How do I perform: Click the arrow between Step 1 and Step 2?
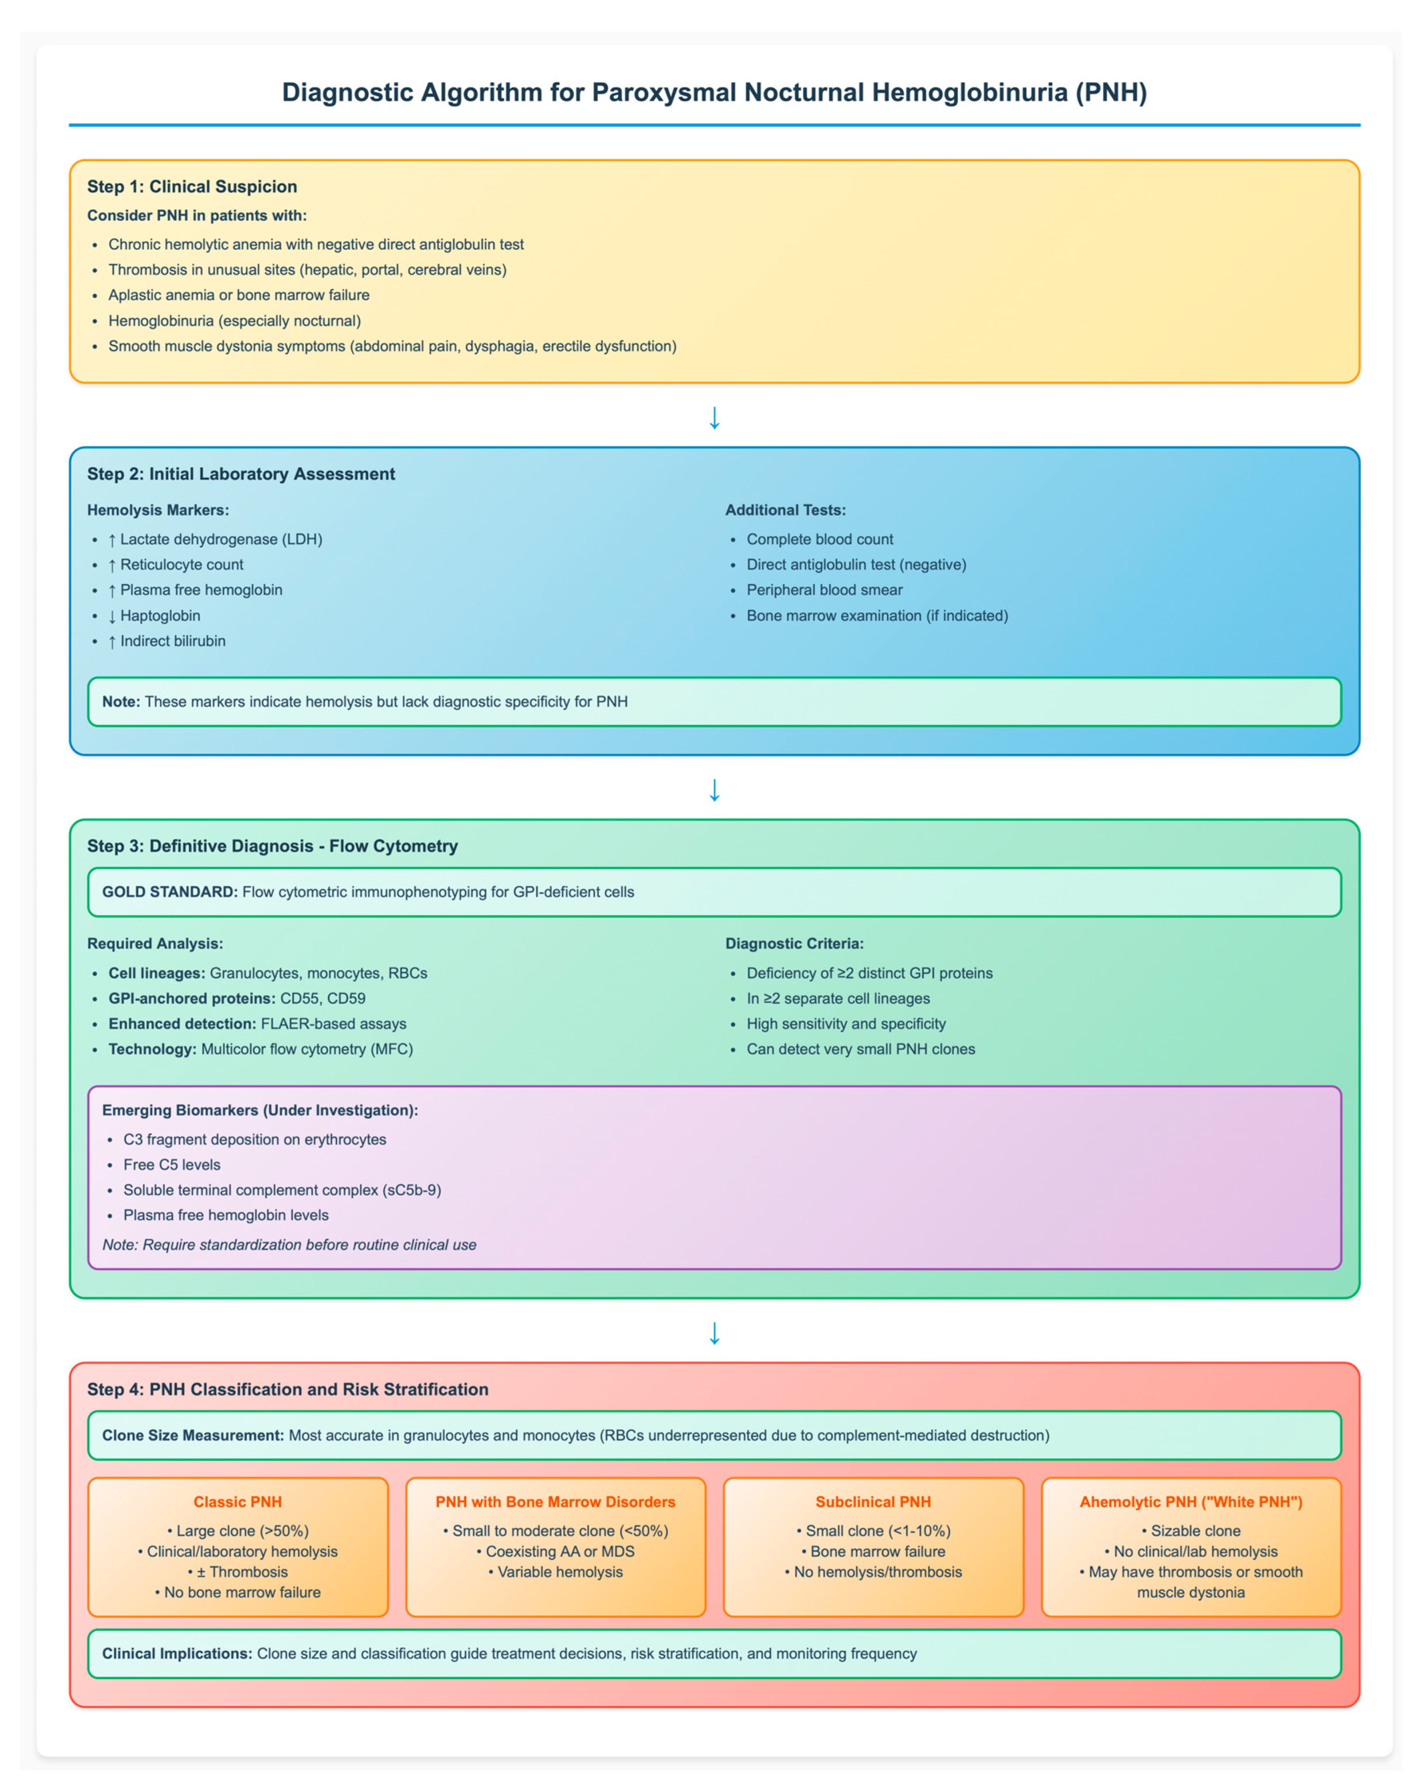pos(714,418)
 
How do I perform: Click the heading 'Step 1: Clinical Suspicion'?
pos(192,186)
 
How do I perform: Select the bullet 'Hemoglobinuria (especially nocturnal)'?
pos(234,320)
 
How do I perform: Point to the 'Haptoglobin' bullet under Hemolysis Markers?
pos(160,615)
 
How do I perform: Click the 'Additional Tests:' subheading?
pos(785,510)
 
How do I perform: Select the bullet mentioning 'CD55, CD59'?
pos(236,998)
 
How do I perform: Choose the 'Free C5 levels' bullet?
pos(172,1164)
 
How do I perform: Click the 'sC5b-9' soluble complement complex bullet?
pos(282,1189)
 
